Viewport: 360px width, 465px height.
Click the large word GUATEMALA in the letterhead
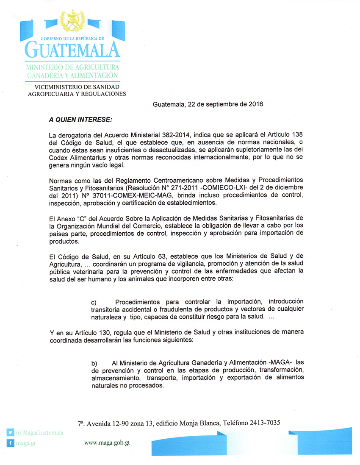(x=72, y=50)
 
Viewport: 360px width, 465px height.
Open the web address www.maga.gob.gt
(x=106, y=443)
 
